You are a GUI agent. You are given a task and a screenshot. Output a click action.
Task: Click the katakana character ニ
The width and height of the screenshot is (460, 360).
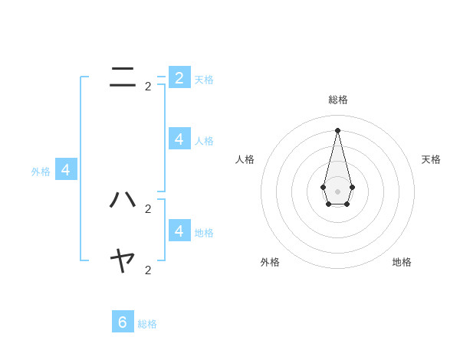click(x=123, y=77)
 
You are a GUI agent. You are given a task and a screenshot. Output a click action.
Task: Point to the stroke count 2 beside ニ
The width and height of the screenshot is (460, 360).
click(x=148, y=87)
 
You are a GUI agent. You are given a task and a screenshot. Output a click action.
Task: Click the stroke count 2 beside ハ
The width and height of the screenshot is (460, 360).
click(x=148, y=208)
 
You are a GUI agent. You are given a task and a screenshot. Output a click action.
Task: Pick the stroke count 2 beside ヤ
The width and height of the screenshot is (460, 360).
click(x=148, y=270)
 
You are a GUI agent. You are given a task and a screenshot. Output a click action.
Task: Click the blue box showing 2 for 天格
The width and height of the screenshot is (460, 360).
click(x=179, y=77)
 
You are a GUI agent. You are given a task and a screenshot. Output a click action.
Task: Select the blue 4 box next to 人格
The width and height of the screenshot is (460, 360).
click(x=179, y=139)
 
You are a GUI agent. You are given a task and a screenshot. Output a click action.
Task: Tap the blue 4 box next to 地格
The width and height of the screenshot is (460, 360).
click(x=179, y=230)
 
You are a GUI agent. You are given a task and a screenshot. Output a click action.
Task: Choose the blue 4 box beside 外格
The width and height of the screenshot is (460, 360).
click(x=66, y=169)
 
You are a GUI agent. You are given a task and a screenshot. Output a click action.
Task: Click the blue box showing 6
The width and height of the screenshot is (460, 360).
click(x=123, y=322)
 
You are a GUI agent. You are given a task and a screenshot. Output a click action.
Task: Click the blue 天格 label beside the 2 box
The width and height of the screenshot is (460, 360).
click(x=204, y=80)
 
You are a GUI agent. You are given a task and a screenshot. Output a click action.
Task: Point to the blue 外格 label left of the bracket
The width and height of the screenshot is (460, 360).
click(x=41, y=172)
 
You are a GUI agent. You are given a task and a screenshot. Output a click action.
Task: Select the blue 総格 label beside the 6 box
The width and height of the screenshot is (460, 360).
click(x=147, y=325)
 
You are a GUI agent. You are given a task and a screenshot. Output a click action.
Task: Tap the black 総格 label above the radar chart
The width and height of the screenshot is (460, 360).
click(x=337, y=100)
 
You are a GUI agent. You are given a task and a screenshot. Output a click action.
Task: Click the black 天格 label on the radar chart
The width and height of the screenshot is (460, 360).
click(x=431, y=159)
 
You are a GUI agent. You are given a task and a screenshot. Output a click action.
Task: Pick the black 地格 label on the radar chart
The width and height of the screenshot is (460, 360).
click(x=402, y=262)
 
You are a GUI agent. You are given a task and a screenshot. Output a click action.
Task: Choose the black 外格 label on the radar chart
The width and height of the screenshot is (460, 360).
click(x=270, y=262)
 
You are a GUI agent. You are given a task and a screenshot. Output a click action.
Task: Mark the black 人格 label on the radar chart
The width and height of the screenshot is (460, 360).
click(x=245, y=159)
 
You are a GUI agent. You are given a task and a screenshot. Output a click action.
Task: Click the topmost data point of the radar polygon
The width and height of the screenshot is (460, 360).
click(x=337, y=130)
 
